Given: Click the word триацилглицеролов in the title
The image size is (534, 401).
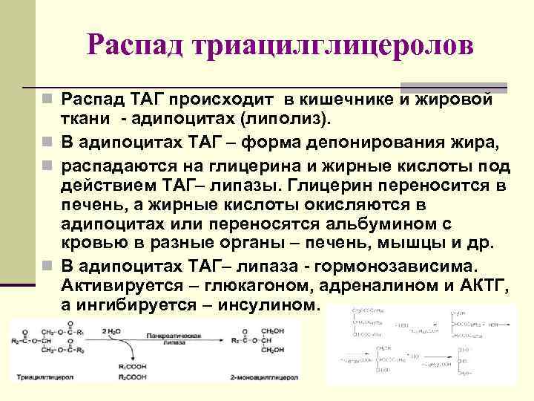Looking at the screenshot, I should tap(332, 46).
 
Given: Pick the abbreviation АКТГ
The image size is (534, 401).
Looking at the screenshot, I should tap(481, 286).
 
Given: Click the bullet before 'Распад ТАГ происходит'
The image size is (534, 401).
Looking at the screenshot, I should tap(47, 100).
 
